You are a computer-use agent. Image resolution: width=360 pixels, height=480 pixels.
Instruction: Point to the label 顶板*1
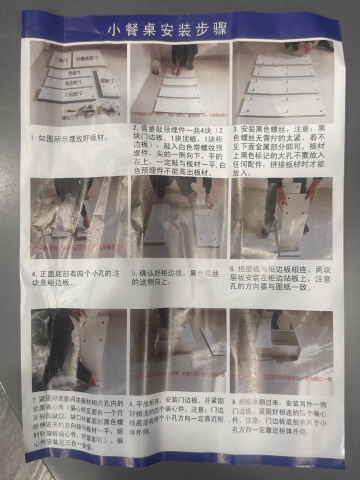[x=74, y=73]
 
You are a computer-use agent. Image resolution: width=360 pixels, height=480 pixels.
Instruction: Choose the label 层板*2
[x=106, y=80]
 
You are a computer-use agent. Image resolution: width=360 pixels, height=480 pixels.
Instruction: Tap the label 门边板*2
[x=73, y=93]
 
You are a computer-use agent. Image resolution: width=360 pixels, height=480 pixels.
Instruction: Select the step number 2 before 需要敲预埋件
[x=134, y=129]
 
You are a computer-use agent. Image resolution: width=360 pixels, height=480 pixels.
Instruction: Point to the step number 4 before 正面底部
[x=33, y=274]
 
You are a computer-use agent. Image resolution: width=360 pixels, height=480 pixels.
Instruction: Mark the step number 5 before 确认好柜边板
[x=134, y=273]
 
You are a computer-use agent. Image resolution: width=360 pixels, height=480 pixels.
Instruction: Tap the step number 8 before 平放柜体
[x=131, y=402]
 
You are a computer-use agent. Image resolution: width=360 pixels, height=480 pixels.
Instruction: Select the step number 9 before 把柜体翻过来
[x=233, y=403]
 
